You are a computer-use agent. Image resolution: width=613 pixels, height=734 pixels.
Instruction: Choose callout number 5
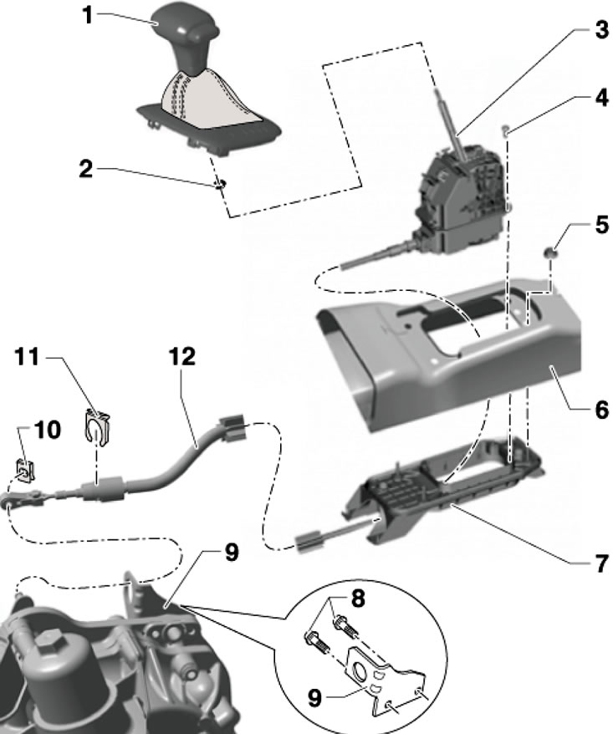[x=600, y=226]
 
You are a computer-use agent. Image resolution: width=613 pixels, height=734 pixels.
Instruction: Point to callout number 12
[x=181, y=357]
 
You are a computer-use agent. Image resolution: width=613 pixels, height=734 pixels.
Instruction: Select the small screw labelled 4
[x=506, y=129]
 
